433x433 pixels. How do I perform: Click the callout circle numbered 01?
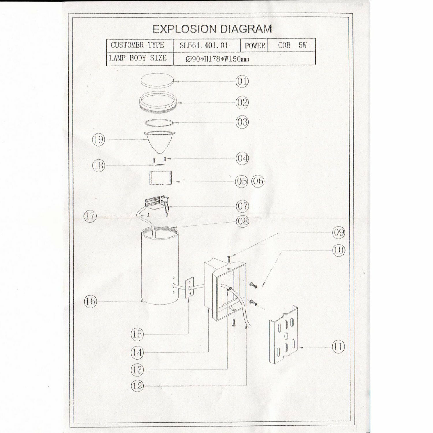tap(242, 81)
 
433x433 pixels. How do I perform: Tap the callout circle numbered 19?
tap(98, 140)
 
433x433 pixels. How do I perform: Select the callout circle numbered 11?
tap(338, 346)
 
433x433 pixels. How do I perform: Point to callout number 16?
tap(90, 301)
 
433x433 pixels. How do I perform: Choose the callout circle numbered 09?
tap(338, 232)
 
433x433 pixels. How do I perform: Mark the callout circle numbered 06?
tap(258, 181)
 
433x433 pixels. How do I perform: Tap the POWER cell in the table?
tap(255, 46)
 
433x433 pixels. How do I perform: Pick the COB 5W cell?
tap(292, 45)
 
